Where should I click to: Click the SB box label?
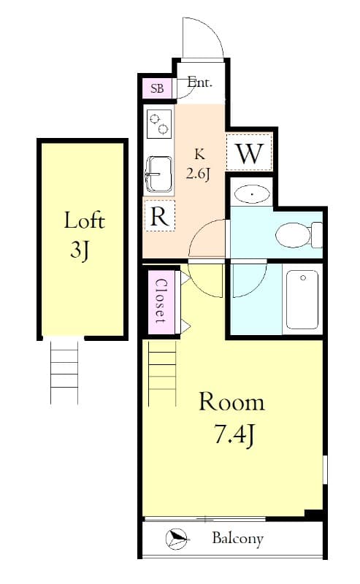[x=157, y=89]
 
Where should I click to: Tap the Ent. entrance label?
[x=199, y=82]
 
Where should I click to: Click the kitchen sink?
[x=158, y=173]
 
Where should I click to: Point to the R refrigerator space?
[x=159, y=215]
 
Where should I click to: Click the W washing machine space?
[x=249, y=154]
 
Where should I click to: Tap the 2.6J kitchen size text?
[x=198, y=174]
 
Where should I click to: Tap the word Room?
[x=231, y=402]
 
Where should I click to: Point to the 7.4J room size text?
[x=231, y=435]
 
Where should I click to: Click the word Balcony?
[x=237, y=539]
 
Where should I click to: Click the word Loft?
[x=84, y=220]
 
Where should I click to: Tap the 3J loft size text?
[x=80, y=250]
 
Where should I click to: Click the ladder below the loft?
[x=64, y=371]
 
